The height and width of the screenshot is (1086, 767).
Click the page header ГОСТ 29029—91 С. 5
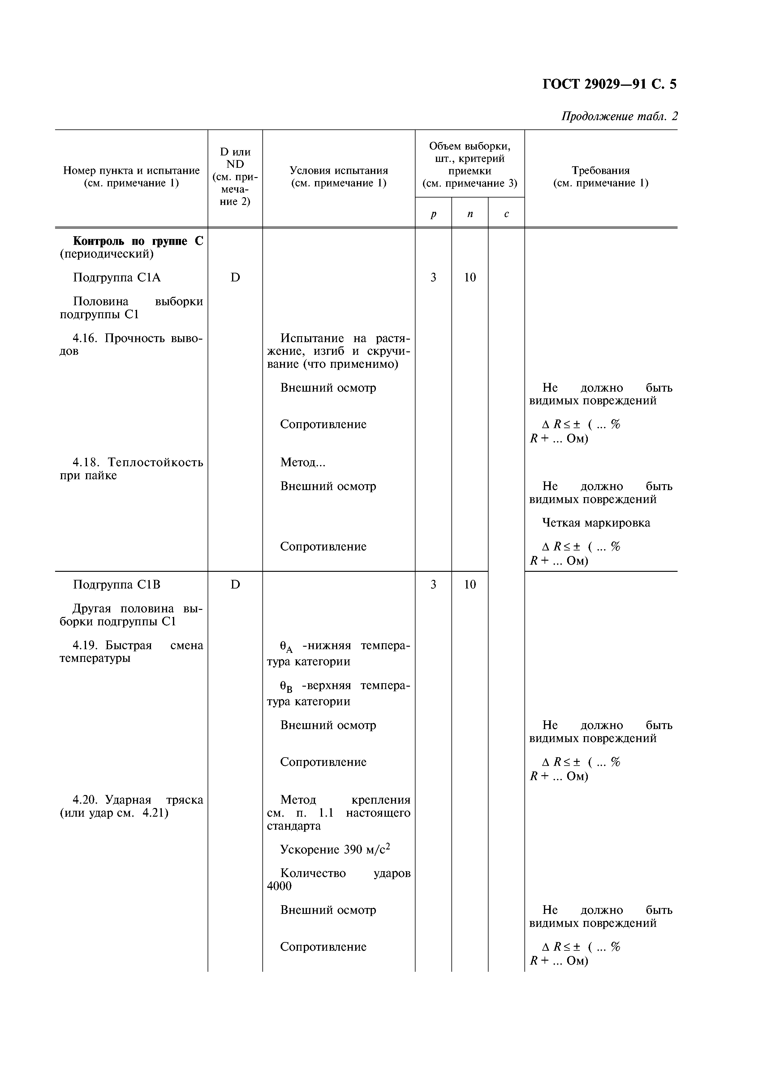click(609, 84)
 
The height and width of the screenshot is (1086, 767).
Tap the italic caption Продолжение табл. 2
click(619, 116)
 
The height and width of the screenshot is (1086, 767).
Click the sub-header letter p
click(433, 214)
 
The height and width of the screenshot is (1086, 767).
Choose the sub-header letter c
click(506, 214)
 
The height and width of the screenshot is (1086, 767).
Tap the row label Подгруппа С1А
click(117, 278)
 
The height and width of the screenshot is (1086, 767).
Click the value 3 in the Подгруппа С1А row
click(433, 278)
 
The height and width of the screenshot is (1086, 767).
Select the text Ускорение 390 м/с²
click(335, 849)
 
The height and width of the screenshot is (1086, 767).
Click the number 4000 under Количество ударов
click(279, 886)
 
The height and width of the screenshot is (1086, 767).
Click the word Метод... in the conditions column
click(303, 462)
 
